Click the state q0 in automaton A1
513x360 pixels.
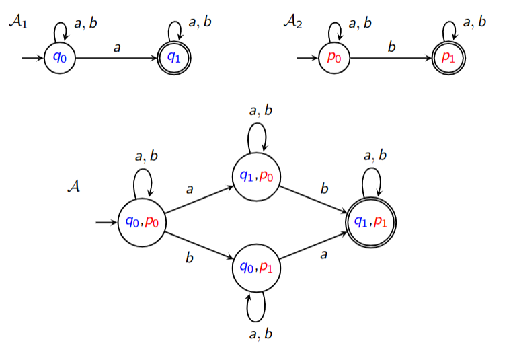(x=60, y=57)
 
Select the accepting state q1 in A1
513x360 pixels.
(x=174, y=57)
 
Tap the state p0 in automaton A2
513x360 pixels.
(x=334, y=57)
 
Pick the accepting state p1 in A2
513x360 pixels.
(x=448, y=57)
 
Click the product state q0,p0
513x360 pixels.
(x=142, y=222)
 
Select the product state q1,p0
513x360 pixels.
(x=256, y=176)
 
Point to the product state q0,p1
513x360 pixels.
(x=256, y=268)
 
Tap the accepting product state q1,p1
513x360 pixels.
(x=370, y=222)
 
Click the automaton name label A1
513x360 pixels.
(x=18, y=22)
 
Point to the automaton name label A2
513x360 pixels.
(x=292, y=22)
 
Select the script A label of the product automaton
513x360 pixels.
(x=74, y=186)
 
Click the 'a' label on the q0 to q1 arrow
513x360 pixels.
(x=117, y=48)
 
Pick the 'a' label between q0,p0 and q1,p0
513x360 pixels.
(x=190, y=190)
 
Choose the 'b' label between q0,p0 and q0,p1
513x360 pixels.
(x=190, y=256)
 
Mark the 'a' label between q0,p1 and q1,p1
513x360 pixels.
(x=324, y=256)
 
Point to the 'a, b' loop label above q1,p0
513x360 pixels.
(x=260, y=111)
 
